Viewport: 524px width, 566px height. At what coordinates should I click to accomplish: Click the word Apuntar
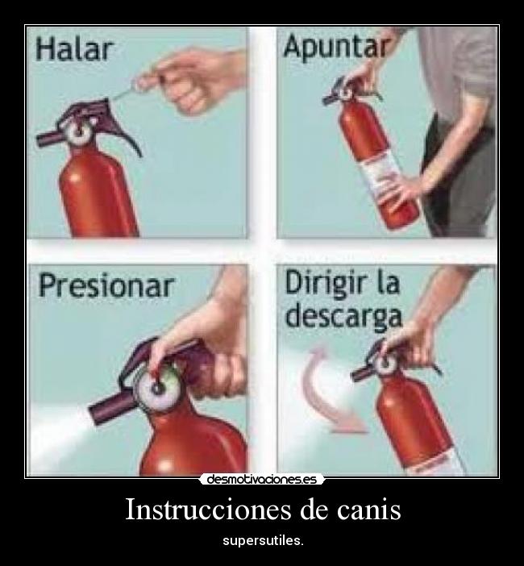coord(335,47)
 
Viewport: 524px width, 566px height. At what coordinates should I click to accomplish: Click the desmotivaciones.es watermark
coord(261,479)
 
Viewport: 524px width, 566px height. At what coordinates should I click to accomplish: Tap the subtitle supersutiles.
coord(263,539)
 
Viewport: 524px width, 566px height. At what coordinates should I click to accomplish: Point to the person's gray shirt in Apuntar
coord(468,73)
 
